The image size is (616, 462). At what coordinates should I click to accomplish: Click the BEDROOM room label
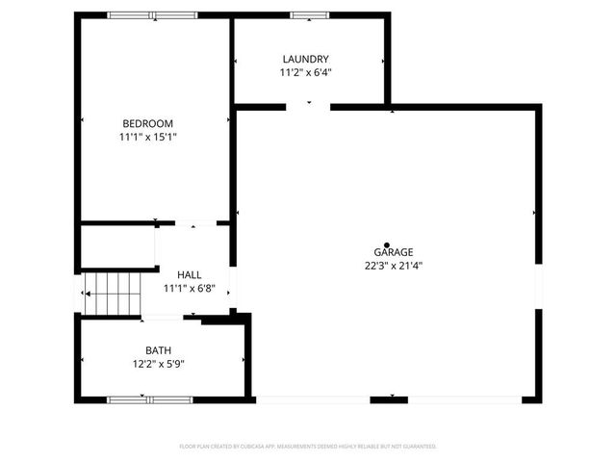pos(147,122)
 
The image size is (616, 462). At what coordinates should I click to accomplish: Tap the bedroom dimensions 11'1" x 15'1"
pos(147,137)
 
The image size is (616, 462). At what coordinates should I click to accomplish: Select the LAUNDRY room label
pos(306,59)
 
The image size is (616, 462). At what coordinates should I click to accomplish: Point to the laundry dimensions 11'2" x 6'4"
pos(306,72)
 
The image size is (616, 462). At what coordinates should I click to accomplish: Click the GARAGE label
pos(395,252)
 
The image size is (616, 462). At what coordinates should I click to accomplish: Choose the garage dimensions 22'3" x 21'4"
pos(395,266)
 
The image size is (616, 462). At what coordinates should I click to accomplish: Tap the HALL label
pos(189,275)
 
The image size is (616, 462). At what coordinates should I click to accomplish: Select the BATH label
pos(159,350)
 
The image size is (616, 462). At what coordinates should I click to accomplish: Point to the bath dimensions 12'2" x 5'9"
pos(159,364)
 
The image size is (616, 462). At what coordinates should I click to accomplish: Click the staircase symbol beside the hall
pos(112,292)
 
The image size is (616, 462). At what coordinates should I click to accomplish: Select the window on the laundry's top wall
pos(309,15)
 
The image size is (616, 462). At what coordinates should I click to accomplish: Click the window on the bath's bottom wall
pos(148,398)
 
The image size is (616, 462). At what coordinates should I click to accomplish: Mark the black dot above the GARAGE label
pos(387,245)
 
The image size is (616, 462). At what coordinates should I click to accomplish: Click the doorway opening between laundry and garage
pos(310,105)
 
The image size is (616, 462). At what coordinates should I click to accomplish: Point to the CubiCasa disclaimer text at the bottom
pos(308,447)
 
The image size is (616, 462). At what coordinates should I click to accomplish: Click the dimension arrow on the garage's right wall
pos(534,212)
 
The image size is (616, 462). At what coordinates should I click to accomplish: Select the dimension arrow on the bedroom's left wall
pos(83,120)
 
